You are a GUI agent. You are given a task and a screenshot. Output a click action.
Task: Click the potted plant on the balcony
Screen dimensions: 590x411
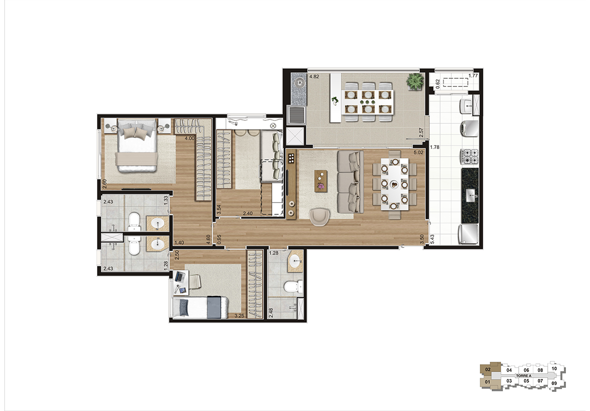tap(415, 81)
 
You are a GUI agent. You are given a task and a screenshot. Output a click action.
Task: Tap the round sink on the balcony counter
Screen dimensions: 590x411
tap(299, 83)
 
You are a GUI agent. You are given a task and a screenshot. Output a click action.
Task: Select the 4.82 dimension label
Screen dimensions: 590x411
tap(314, 77)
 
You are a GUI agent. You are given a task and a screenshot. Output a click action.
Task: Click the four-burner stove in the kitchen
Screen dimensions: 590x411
tap(469, 157)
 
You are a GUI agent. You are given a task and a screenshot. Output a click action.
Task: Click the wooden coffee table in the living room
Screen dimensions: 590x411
tap(321, 181)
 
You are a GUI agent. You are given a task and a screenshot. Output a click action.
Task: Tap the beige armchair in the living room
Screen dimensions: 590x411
tap(320, 216)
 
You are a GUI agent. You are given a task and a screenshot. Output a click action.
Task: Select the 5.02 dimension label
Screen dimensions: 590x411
tap(418, 152)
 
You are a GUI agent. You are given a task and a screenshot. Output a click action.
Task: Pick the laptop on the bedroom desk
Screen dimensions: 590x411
tap(179, 276)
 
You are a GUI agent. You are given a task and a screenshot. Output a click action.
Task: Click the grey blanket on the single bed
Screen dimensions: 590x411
tap(214, 307)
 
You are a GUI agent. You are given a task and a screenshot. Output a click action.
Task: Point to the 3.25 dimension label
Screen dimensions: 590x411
tap(239, 316)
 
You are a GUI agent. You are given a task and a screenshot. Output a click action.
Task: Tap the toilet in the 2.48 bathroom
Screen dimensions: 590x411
tap(294, 287)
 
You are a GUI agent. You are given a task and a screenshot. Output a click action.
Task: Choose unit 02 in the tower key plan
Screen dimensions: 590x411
tap(488, 369)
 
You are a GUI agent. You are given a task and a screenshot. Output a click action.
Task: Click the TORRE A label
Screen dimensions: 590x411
tap(524, 376)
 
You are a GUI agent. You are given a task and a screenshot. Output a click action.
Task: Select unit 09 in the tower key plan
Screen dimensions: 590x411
tap(554, 383)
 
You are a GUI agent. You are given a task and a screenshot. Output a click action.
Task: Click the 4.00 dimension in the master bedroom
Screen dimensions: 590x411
tap(189, 138)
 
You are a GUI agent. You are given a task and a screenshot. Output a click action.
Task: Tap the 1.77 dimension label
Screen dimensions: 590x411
tap(473, 76)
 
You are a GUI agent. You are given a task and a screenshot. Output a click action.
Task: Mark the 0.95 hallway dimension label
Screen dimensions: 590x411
tap(219, 239)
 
